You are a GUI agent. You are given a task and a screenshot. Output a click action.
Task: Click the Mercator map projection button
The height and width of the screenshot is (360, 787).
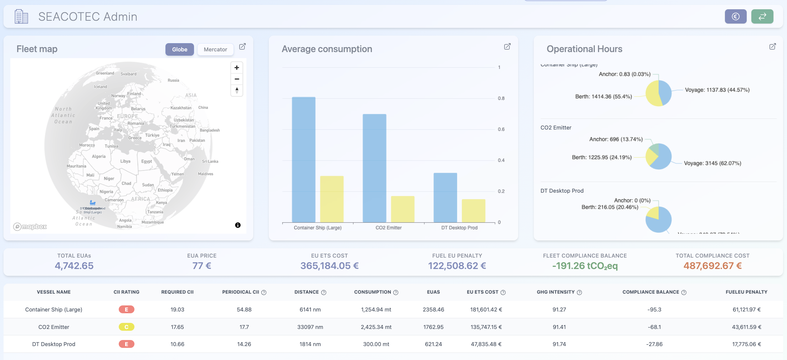coord(215,50)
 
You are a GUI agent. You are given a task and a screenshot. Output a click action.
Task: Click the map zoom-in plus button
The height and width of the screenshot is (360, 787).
coord(237,68)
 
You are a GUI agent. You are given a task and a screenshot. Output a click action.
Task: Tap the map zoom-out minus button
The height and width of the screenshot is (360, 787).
coord(237,79)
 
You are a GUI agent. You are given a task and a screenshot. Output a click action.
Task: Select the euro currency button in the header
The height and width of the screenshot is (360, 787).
coord(735,16)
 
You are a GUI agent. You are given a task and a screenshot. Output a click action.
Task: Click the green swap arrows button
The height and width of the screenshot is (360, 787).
coord(762,16)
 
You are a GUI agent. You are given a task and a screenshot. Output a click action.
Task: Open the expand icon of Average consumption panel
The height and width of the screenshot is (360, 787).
coord(507,47)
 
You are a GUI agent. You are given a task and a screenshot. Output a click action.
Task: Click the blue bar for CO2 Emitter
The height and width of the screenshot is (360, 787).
coord(374,168)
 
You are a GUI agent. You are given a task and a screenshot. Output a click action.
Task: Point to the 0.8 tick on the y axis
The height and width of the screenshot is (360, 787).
coord(501,98)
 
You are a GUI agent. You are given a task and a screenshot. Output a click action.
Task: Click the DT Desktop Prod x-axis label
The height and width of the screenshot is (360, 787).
coord(459,228)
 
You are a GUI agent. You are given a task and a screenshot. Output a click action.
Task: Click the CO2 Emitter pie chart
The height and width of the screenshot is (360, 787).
coord(659,156)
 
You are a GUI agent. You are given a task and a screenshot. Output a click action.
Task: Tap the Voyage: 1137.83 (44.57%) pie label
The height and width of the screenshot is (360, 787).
coord(717,90)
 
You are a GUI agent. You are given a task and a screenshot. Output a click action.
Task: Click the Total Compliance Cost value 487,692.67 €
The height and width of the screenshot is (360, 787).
coord(712,266)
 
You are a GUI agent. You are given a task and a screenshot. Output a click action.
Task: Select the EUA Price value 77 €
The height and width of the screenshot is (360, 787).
coord(202,266)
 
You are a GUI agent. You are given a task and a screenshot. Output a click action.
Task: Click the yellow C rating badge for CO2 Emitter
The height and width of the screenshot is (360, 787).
coord(127,327)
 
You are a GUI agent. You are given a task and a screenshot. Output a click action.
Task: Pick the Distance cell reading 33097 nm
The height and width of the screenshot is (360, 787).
coord(310,327)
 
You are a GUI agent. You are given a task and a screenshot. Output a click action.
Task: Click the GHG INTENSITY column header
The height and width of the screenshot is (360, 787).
coord(556,292)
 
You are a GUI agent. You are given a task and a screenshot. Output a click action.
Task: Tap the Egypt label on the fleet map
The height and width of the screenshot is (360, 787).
coord(147,161)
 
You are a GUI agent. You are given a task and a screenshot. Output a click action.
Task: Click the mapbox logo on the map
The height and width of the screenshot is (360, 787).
coord(30,227)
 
